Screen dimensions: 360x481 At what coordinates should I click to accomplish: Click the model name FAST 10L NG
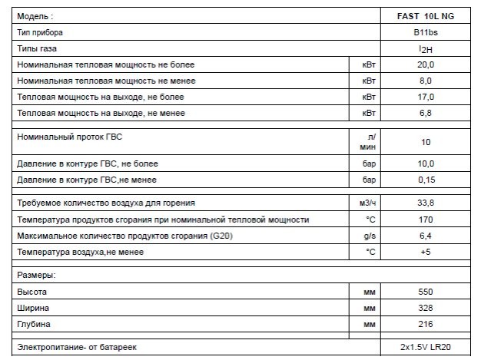pyautogui.click(x=426, y=16)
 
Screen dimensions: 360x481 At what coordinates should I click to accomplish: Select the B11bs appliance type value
pyautogui.click(x=426, y=33)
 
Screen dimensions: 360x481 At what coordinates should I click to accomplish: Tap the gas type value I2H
pyautogui.click(x=426, y=49)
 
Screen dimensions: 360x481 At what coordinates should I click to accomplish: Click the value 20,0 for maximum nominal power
pyautogui.click(x=426, y=64)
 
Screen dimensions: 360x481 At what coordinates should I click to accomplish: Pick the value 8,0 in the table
pyautogui.click(x=426, y=81)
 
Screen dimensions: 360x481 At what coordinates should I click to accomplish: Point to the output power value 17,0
pyautogui.click(x=426, y=97)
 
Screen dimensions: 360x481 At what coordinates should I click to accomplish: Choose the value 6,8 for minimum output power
pyautogui.click(x=426, y=113)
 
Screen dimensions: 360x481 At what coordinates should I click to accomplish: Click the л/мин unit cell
pyautogui.click(x=368, y=142)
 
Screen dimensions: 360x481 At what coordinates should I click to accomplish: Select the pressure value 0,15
pyautogui.click(x=426, y=180)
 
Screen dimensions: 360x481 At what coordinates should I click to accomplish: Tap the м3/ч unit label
pyautogui.click(x=368, y=203)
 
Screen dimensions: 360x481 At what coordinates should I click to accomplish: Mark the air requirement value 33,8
pyautogui.click(x=426, y=203)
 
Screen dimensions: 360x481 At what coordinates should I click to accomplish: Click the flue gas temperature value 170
pyautogui.click(x=426, y=220)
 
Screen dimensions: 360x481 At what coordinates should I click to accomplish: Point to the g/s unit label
pyautogui.click(x=368, y=236)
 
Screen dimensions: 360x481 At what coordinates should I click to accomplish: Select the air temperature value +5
pyautogui.click(x=426, y=252)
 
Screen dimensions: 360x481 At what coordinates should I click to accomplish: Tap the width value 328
pyautogui.click(x=426, y=308)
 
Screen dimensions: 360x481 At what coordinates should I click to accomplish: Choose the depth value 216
pyautogui.click(x=426, y=324)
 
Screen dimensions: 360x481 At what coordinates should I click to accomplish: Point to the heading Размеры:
pyautogui.click(x=37, y=274)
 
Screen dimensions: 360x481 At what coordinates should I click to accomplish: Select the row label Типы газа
pyautogui.click(x=38, y=49)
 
